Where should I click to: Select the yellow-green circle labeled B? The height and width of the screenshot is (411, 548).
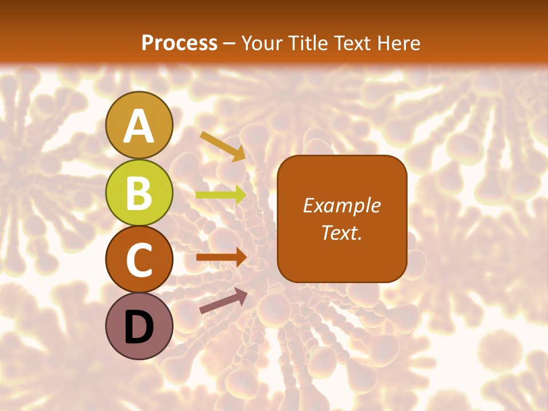pyautogui.click(x=139, y=192)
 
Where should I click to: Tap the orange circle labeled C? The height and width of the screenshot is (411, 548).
pyautogui.click(x=139, y=259)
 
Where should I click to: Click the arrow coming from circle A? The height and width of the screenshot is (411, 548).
pyautogui.click(x=223, y=146)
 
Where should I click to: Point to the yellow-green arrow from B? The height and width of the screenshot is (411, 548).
pyautogui.click(x=221, y=195)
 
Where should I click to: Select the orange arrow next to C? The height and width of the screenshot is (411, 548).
pyautogui.click(x=221, y=257)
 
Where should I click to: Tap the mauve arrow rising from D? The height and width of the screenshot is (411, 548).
pyautogui.click(x=223, y=301)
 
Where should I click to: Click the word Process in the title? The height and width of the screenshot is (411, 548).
pyautogui.click(x=179, y=43)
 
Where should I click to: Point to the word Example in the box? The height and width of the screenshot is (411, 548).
pyautogui.click(x=342, y=205)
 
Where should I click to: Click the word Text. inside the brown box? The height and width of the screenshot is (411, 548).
pyautogui.click(x=342, y=232)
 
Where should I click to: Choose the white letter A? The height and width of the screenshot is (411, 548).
pyautogui.click(x=139, y=126)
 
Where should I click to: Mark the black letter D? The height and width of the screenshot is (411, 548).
pyautogui.click(x=139, y=327)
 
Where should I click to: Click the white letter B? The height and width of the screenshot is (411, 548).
pyautogui.click(x=139, y=192)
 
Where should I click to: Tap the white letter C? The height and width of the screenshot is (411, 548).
pyautogui.click(x=139, y=259)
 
